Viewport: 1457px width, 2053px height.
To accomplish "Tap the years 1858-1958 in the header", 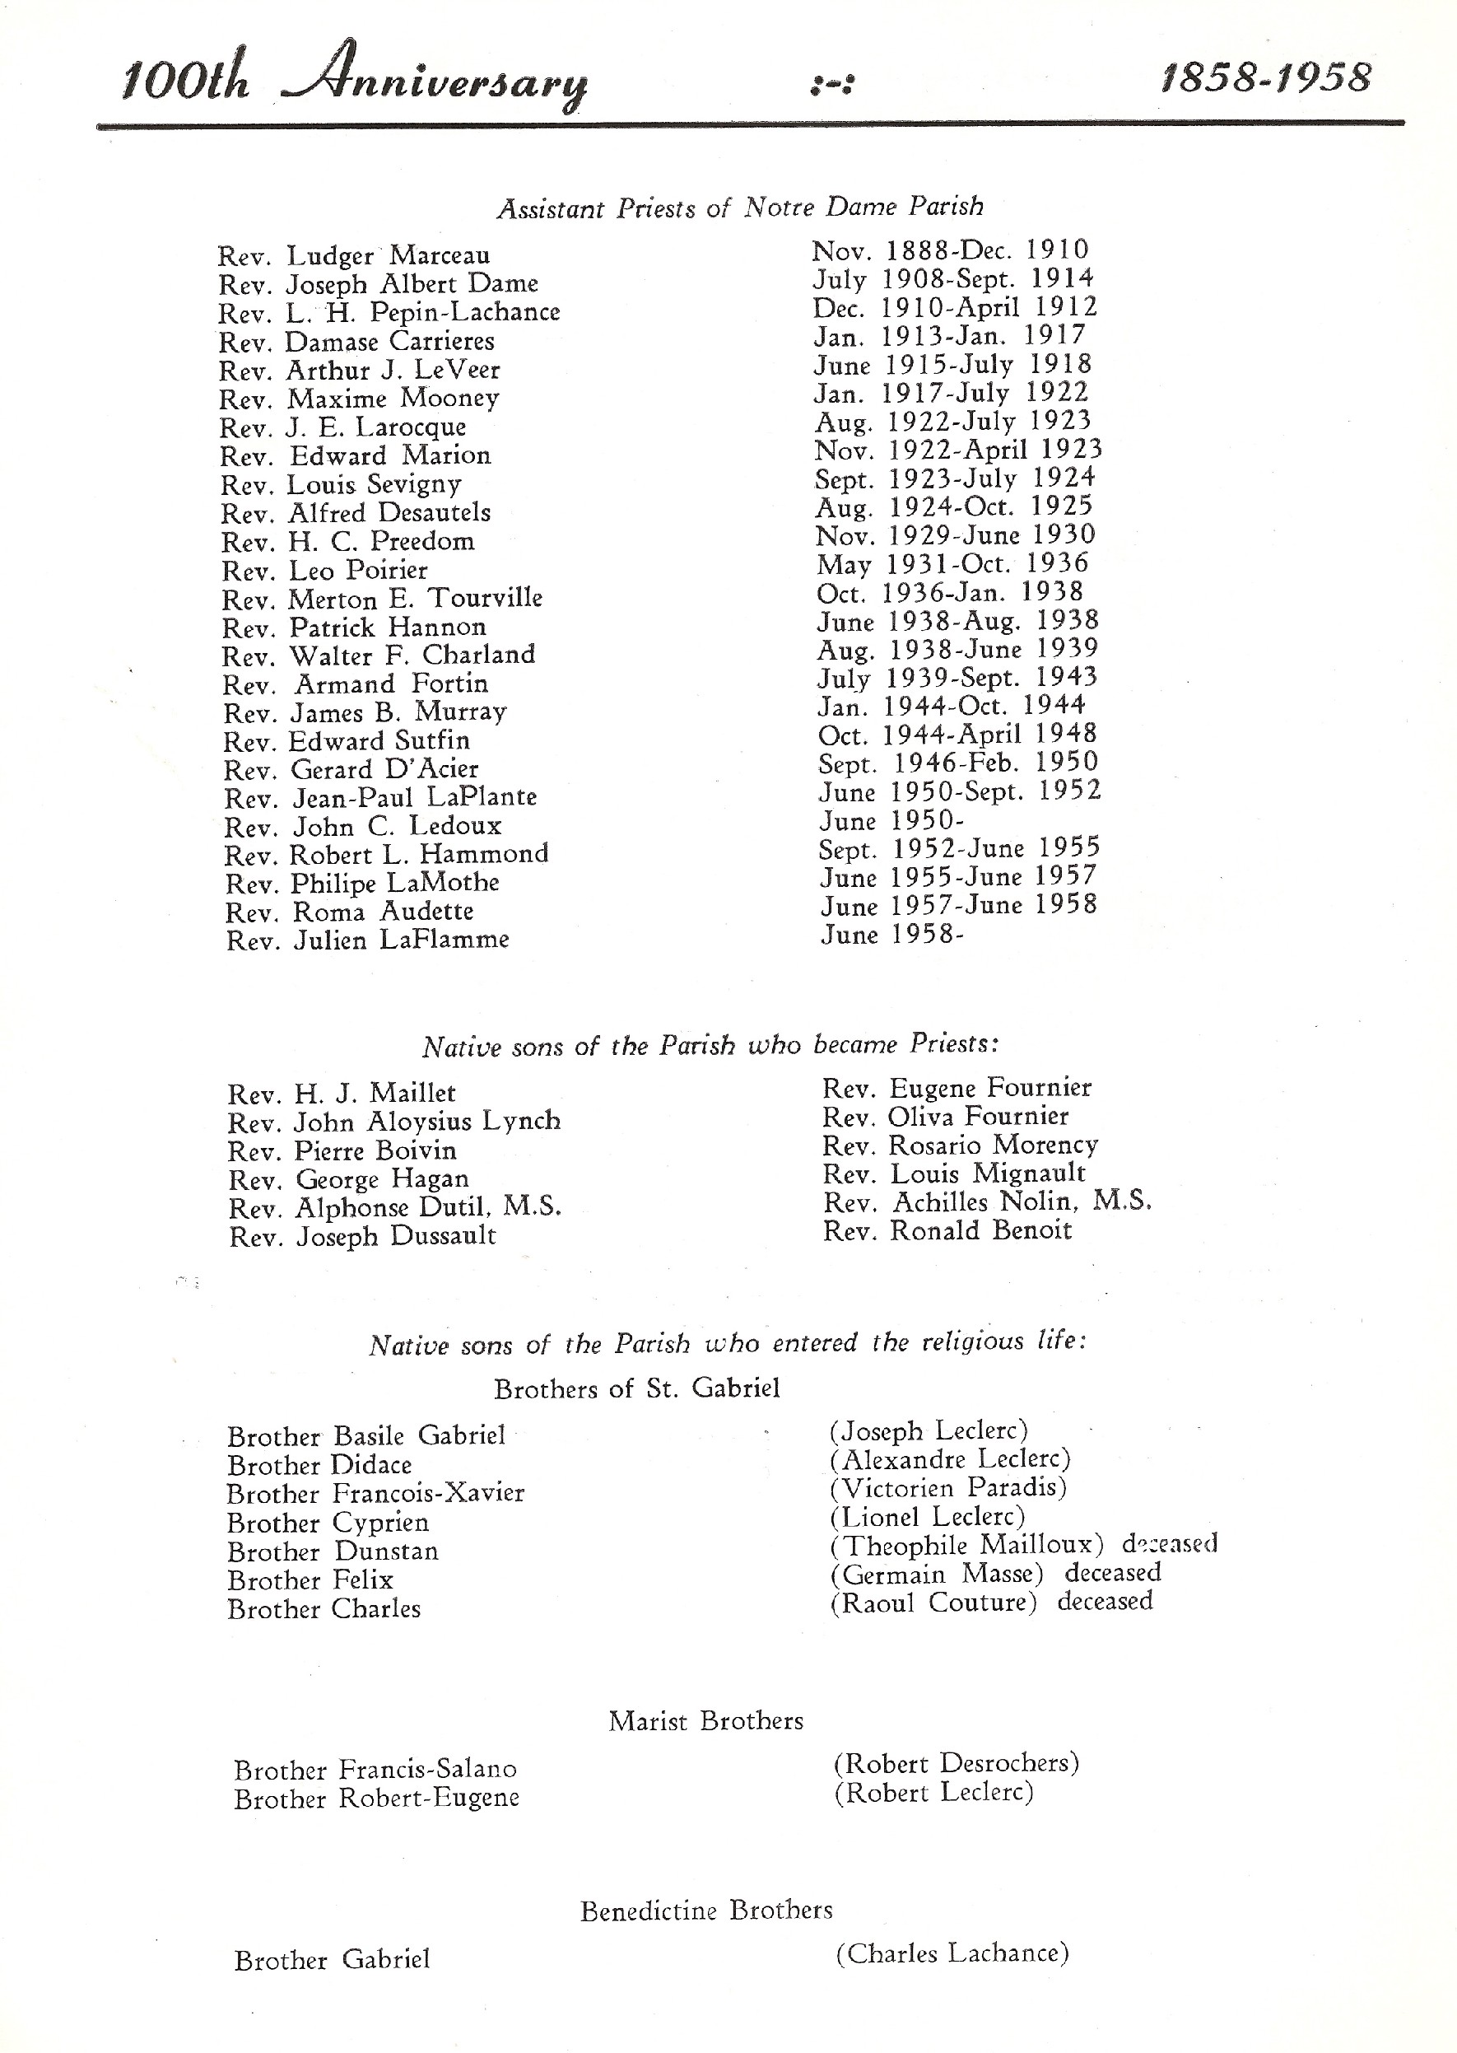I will pyautogui.click(x=1265, y=78).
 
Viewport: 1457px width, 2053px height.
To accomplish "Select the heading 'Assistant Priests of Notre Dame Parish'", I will pyautogui.click(x=740, y=208).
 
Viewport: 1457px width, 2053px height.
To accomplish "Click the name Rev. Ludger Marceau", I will pyautogui.click(x=353, y=256).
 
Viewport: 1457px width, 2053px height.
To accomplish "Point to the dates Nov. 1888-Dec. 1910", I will pyautogui.click(x=950, y=250).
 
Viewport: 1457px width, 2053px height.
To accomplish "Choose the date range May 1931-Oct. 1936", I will pyautogui.click(x=952, y=564).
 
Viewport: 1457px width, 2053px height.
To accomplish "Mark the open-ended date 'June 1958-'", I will pyautogui.click(x=891, y=935).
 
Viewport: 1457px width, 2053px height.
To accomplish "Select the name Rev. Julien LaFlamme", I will pyautogui.click(x=368, y=940).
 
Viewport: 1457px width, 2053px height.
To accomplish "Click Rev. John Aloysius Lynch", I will pyautogui.click(x=393, y=1122).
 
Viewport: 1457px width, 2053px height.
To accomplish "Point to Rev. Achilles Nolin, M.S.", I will pyautogui.click(x=987, y=1201).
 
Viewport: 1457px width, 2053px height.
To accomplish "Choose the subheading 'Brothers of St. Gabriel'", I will pyautogui.click(x=637, y=1389).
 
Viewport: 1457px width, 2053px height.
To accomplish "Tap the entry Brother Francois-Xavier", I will pyautogui.click(x=375, y=1493).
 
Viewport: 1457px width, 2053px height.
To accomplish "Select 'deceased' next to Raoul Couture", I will pyautogui.click(x=1105, y=1601).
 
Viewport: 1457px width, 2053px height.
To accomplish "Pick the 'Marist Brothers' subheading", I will pyautogui.click(x=706, y=1720).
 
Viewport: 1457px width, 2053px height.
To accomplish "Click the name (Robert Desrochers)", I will pyautogui.click(x=957, y=1763).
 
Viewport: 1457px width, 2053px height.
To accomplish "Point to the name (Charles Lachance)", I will pyautogui.click(x=952, y=1953).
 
